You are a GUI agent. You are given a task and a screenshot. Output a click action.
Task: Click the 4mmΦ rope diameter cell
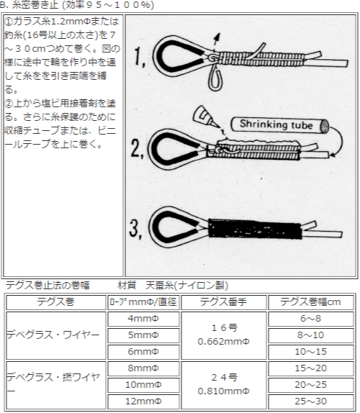tap(143, 318)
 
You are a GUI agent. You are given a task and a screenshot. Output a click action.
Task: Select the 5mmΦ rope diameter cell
tap(143, 335)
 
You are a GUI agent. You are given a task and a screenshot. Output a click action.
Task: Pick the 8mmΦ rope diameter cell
tap(143, 368)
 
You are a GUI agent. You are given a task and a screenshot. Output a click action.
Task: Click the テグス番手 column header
tap(223, 301)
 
